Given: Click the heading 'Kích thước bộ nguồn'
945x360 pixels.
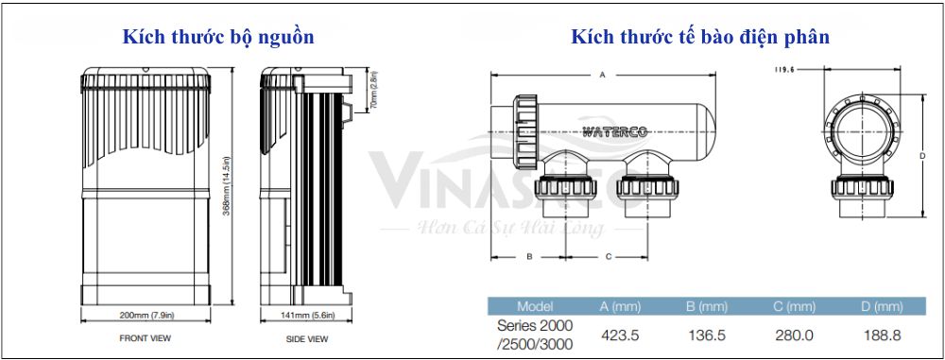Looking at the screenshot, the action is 217,38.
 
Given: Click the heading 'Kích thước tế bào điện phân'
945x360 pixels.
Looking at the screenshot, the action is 700,38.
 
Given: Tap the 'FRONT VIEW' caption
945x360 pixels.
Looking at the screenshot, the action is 146,337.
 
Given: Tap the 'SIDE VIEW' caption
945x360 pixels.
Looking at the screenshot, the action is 306,337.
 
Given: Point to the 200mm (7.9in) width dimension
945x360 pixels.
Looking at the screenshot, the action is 146,314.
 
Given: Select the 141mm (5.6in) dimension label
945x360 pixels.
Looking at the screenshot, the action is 306,314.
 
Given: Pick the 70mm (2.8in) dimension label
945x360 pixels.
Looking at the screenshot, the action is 373,91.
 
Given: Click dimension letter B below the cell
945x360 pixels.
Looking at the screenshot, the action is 529,256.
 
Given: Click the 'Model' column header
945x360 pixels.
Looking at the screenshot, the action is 536,306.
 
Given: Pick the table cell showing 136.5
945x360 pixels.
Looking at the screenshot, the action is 707,334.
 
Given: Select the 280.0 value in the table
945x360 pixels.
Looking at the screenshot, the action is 794,334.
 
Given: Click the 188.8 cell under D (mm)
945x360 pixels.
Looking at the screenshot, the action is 882,334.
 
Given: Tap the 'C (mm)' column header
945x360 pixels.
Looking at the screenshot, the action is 794,306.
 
